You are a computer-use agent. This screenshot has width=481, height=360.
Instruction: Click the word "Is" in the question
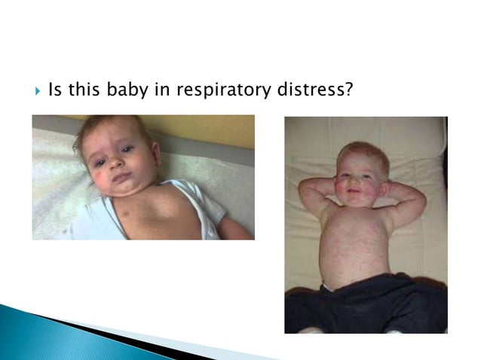click(55, 90)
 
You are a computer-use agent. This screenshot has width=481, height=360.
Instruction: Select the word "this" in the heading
click(84, 90)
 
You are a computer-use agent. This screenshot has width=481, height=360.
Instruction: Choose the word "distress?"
click(315, 90)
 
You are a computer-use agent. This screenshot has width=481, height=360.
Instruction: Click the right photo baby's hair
click(363, 151)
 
